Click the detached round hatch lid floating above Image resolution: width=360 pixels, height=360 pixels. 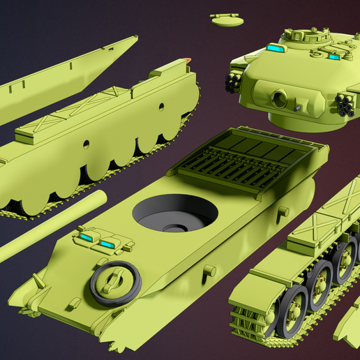point(226,18)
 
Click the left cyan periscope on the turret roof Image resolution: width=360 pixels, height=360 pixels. point(276,49)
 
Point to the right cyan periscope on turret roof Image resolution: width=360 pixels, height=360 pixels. point(333,57)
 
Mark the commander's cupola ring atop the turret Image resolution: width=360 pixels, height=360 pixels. point(306,35)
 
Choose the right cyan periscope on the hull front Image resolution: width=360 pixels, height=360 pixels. point(108,243)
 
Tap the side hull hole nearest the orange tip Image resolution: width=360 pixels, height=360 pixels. point(162,107)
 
